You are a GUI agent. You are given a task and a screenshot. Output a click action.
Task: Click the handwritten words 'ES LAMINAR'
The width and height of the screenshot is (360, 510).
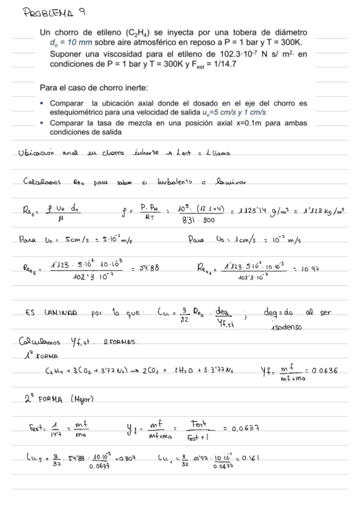pos(51,313)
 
